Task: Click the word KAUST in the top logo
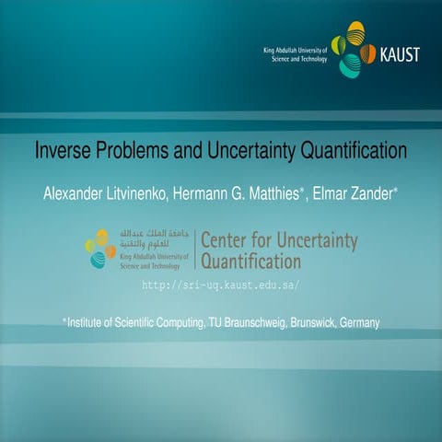pos(399,54)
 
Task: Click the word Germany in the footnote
pos(356,322)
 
